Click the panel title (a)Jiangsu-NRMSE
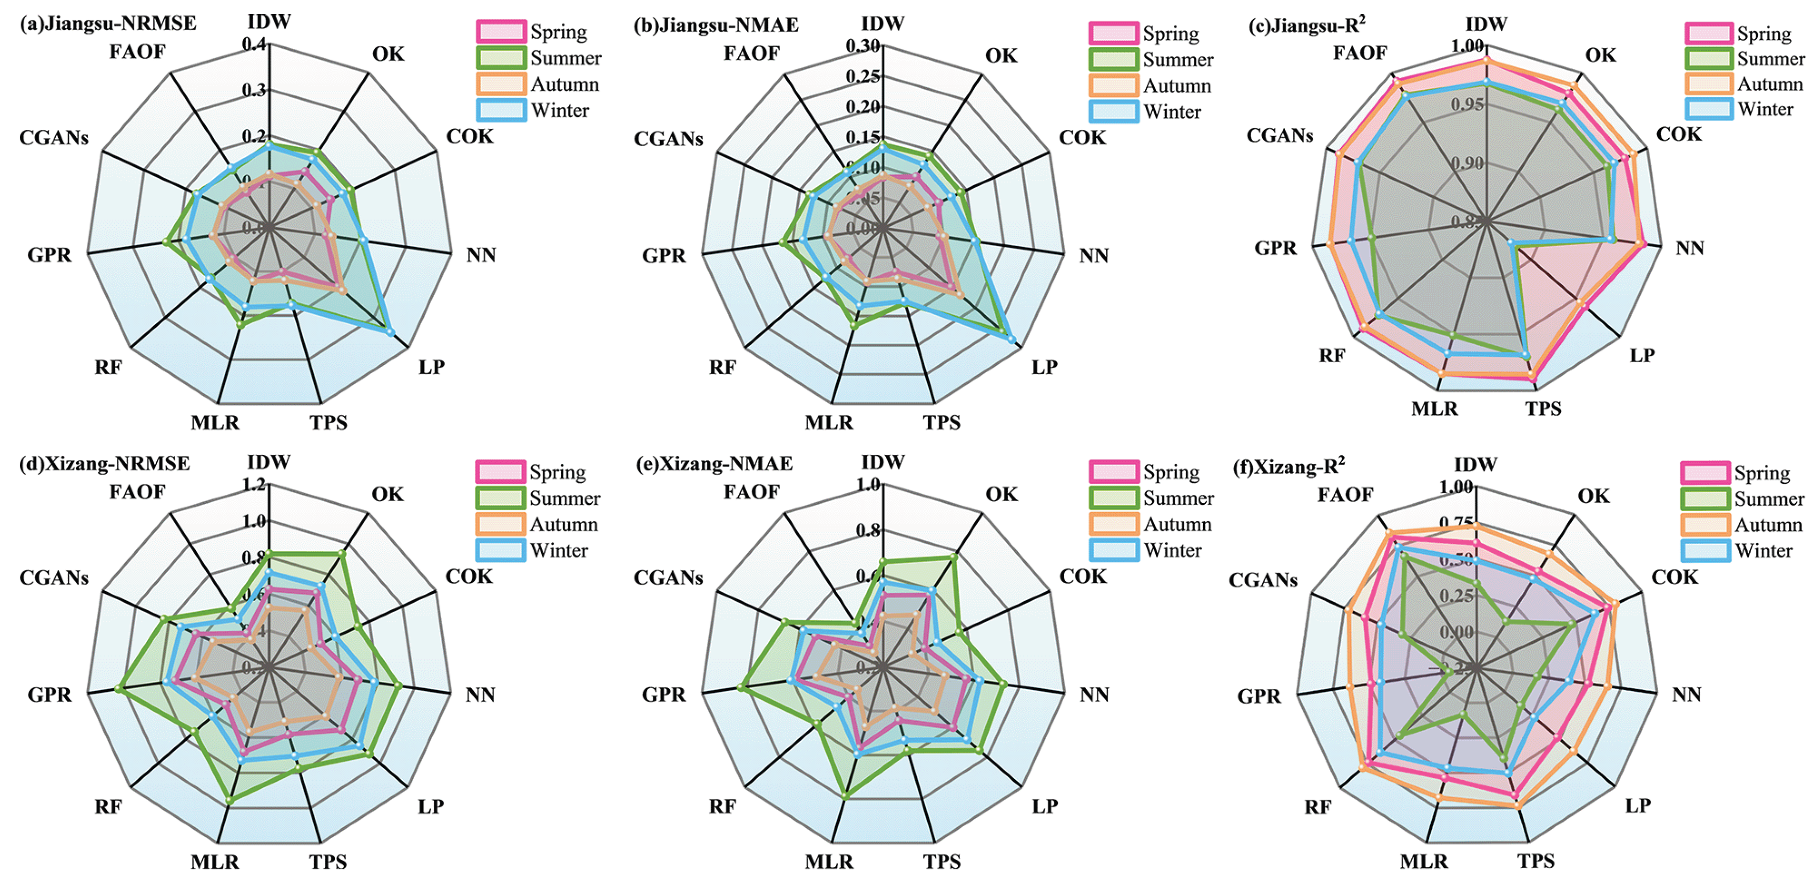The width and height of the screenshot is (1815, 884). point(108,23)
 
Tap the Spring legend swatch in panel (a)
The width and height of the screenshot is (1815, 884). point(501,32)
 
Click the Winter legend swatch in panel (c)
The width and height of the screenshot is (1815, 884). point(1709,109)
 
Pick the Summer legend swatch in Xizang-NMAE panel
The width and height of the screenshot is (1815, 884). point(1114,498)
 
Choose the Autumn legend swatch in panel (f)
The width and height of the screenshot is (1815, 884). point(1705,525)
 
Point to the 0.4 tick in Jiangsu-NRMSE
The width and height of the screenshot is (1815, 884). point(255,44)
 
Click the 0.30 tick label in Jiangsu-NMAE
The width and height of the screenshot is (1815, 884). point(864,46)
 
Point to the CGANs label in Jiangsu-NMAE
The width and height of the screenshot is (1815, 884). point(668,139)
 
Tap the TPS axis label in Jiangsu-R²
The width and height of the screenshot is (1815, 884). point(1543,409)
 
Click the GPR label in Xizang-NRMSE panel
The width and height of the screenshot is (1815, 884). point(50,695)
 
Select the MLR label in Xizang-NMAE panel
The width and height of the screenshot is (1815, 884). point(828,862)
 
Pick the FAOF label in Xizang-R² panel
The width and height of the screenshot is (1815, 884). point(1345,494)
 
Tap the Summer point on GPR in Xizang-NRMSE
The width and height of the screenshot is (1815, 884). point(120,688)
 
